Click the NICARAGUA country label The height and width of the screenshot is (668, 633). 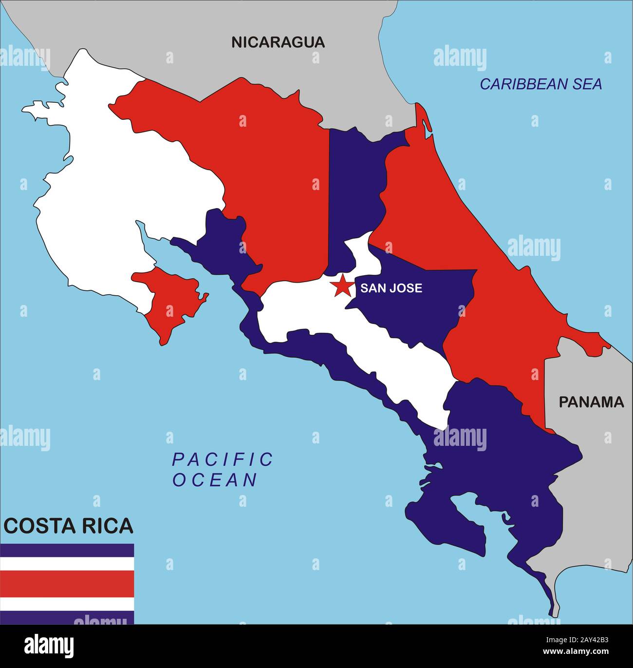click(x=278, y=42)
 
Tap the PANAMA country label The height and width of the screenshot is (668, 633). click(x=591, y=402)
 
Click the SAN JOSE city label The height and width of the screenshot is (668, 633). click(x=391, y=288)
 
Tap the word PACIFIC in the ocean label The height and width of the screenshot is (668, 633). click(x=223, y=459)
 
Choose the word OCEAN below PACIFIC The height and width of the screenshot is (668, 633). click(x=215, y=480)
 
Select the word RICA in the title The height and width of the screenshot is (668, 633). click(x=107, y=526)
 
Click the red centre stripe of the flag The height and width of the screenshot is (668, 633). click(x=67, y=584)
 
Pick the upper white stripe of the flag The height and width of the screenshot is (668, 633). click(x=67, y=564)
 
